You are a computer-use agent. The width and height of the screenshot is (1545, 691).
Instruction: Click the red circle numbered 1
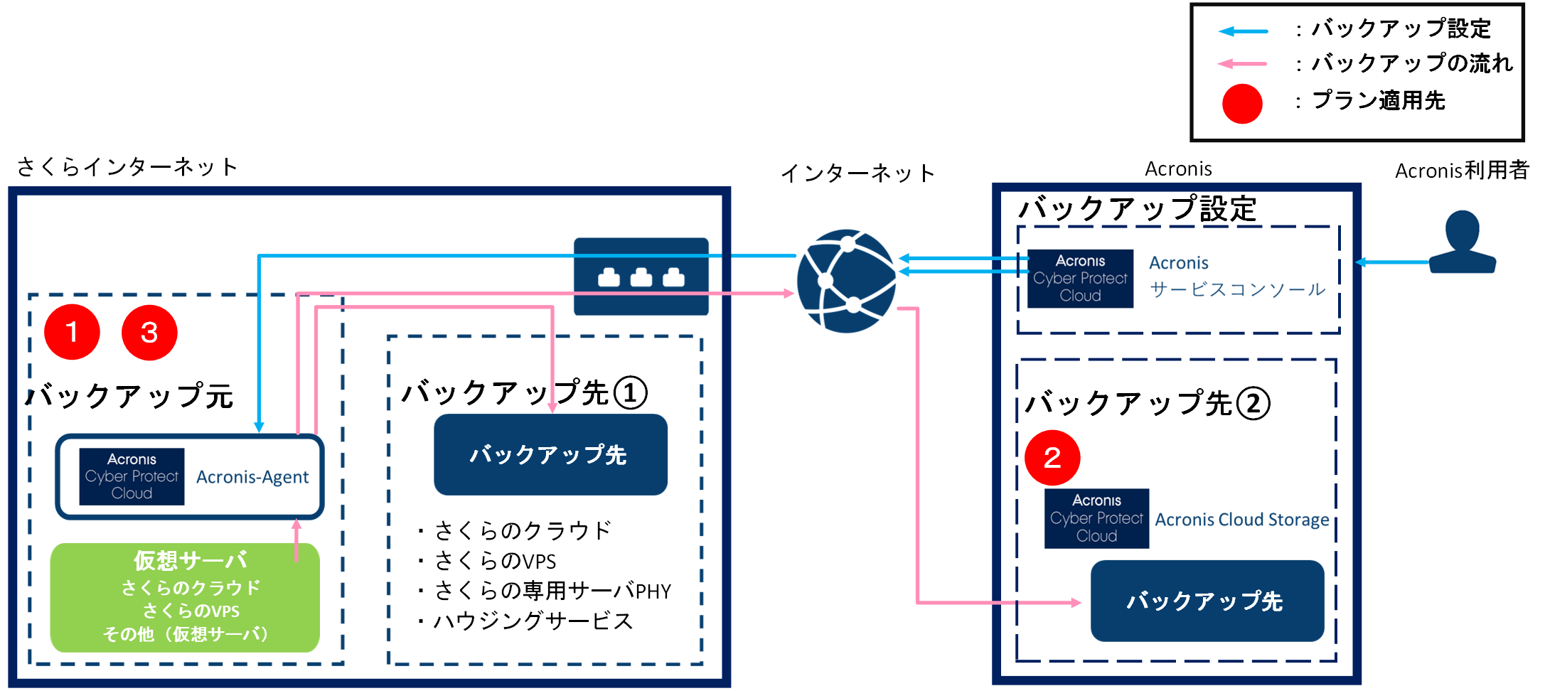click(72, 332)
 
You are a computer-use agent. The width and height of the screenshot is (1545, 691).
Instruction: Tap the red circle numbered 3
click(149, 333)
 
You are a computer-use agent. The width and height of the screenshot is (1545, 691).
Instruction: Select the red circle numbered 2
click(1052, 457)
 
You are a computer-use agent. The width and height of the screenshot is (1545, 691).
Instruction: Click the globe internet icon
click(846, 281)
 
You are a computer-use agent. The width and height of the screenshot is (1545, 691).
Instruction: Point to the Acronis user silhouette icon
click(1463, 242)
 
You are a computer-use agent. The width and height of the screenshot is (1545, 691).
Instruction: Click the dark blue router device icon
click(641, 277)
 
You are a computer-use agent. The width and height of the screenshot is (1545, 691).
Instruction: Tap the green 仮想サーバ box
click(185, 597)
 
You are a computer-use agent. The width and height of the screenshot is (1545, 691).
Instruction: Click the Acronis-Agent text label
click(252, 477)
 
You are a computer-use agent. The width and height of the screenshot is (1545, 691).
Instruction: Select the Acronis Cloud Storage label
click(1241, 520)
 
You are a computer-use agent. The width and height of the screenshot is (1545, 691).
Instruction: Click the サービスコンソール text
click(1237, 289)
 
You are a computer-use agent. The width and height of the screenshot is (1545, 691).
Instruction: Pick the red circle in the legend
click(1241, 104)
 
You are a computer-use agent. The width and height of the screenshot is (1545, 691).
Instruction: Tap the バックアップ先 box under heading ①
click(550, 454)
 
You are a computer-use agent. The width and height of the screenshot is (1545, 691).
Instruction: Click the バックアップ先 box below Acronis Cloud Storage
click(1207, 601)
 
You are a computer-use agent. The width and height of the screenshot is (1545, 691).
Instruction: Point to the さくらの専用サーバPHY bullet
click(552, 591)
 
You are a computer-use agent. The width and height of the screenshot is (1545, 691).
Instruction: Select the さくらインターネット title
click(127, 167)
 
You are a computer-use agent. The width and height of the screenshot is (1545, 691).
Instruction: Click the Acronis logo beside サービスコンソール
click(1080, 278)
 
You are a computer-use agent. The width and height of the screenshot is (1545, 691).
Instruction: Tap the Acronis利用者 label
click(1462, 171)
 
